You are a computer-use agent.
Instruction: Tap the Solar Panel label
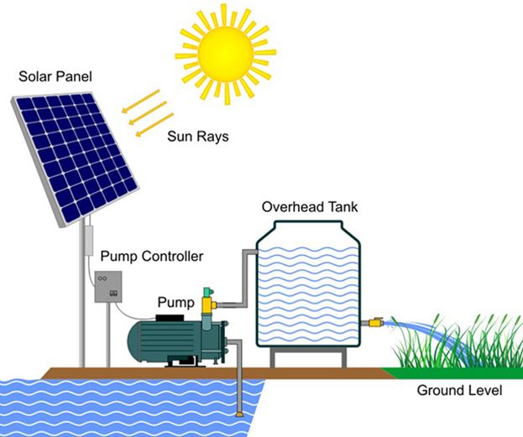click(x=55, y=77)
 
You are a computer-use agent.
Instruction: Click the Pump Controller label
click(x=151, y=255)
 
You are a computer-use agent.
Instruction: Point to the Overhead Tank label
click(x=306, y=206)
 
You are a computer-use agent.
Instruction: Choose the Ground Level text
click(x=458, y=391)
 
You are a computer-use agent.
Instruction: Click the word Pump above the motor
click(x=176, y=300)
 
